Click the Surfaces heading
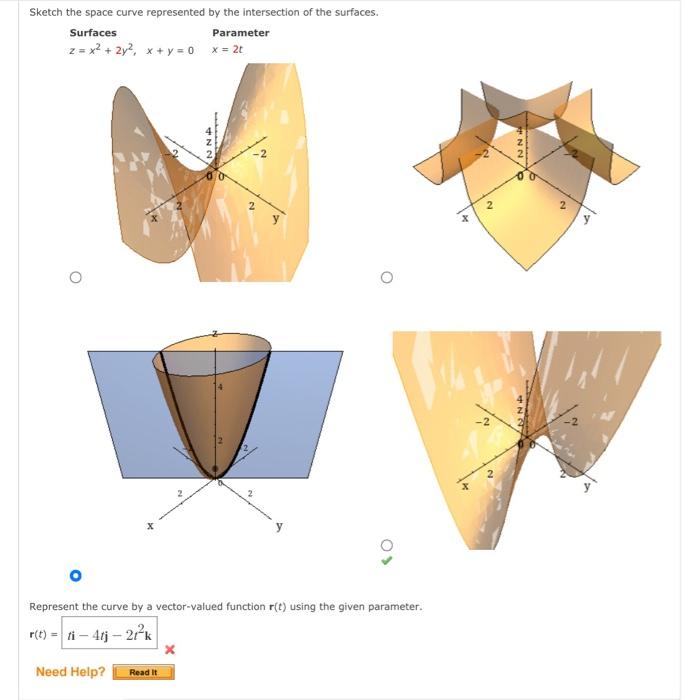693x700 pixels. point(93,33)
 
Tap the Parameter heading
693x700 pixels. point(240,33)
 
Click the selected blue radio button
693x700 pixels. point(75,576)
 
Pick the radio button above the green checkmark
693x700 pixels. point(387,545)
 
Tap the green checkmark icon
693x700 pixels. point(387,561)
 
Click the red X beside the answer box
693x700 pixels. point(169,650)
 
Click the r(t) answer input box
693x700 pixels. point(110,633)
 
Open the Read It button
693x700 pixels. point(143,672)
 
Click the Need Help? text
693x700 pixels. point(70,672)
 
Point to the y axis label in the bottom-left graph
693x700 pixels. point(279,526)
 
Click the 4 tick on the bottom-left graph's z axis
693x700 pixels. point(220,386)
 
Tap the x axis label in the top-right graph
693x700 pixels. point(464,218)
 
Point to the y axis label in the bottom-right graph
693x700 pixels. point(587,488)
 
